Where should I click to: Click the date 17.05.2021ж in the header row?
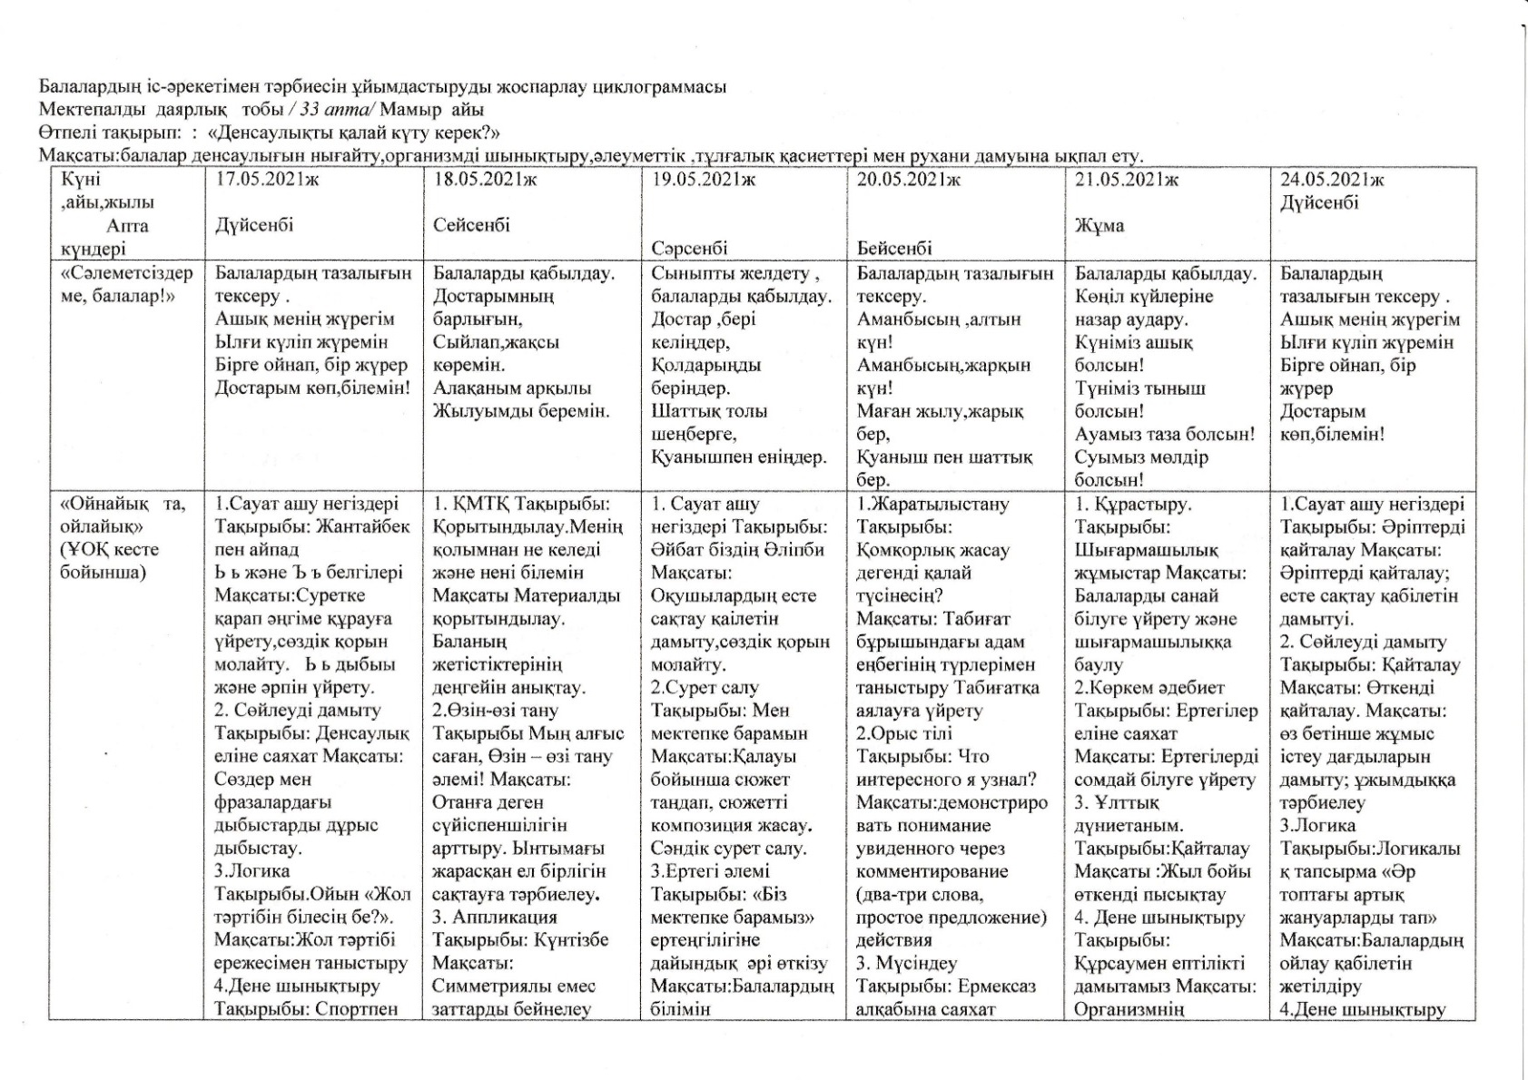click(267, 180)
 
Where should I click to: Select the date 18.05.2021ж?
click(485, 180)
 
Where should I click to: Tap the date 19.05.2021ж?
click(704, 180)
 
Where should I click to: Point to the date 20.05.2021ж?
click(909, 180)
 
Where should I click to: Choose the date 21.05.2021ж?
click(1127, 180)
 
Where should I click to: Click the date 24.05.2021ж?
click(1332, 180)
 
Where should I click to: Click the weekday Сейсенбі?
click(471, 225)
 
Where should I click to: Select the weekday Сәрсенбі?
click(690, 248)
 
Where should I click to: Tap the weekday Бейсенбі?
click(894, 248)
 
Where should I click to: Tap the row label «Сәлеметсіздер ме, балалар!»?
click(126, 284)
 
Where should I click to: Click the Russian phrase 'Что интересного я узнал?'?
click(945, 768)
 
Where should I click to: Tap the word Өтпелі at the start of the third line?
click(64, 133)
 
